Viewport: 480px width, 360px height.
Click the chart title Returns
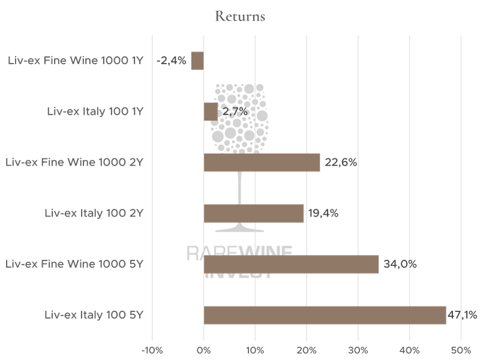240,16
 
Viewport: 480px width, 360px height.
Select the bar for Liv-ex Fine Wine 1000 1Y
197,61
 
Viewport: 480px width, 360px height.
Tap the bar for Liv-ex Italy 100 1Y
211,112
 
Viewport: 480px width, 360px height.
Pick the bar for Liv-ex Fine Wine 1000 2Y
262,163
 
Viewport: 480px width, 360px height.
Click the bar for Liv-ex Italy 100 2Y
254,214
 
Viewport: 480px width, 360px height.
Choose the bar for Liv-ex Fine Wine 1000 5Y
291,264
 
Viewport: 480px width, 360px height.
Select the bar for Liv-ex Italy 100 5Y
325,315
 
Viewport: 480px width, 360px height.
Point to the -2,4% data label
171,61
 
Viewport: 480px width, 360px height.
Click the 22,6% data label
341,163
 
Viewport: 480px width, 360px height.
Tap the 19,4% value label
323,214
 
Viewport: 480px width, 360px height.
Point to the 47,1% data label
462,315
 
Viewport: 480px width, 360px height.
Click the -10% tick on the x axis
152,350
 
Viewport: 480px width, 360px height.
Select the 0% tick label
204,350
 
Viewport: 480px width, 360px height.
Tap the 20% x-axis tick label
307,350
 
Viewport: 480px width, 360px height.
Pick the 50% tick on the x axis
461,350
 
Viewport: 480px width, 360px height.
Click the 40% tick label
409,350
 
